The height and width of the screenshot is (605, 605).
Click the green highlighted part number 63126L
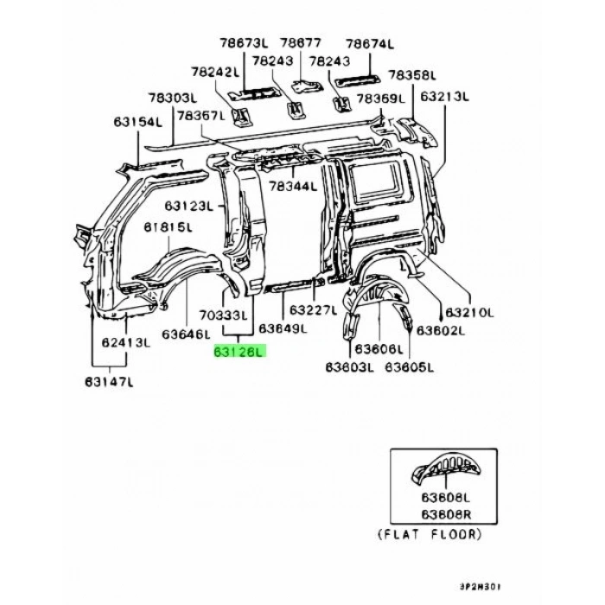[x=241, y=353]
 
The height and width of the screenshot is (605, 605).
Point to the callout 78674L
[x=369, y=42]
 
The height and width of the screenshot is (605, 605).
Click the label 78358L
[x=411, y=75]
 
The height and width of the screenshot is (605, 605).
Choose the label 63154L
[x=137, y=123]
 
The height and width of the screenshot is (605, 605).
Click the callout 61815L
[x=168, y=227]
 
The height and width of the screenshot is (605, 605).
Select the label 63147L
[x=110, y=380]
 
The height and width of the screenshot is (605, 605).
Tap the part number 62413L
[x=126, y=342]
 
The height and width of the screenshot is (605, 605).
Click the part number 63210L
[x=468, y=312]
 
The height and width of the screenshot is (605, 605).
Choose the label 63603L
[x=350, y=368]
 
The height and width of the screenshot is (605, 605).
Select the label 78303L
[x=173, y=99]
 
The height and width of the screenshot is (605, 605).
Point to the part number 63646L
[x=186, y=333]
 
